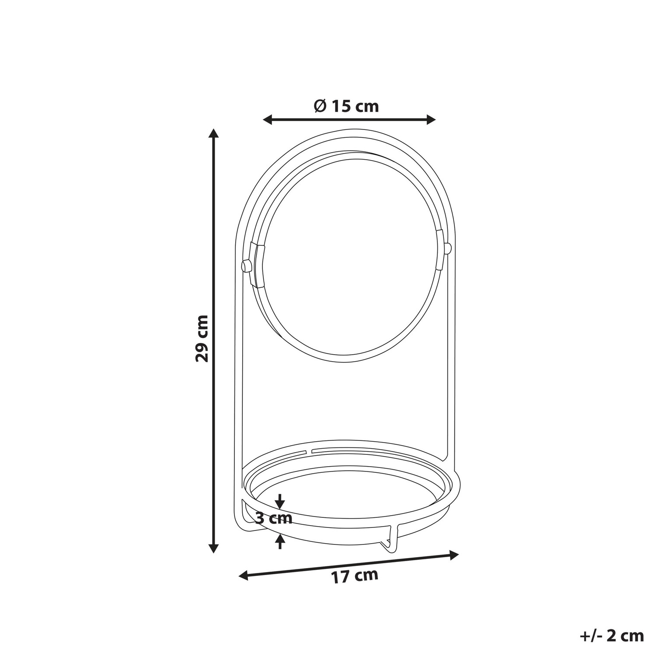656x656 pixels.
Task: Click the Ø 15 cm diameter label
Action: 346,106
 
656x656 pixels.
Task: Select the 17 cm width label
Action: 355,576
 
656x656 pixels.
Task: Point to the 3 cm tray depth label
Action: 273,519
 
